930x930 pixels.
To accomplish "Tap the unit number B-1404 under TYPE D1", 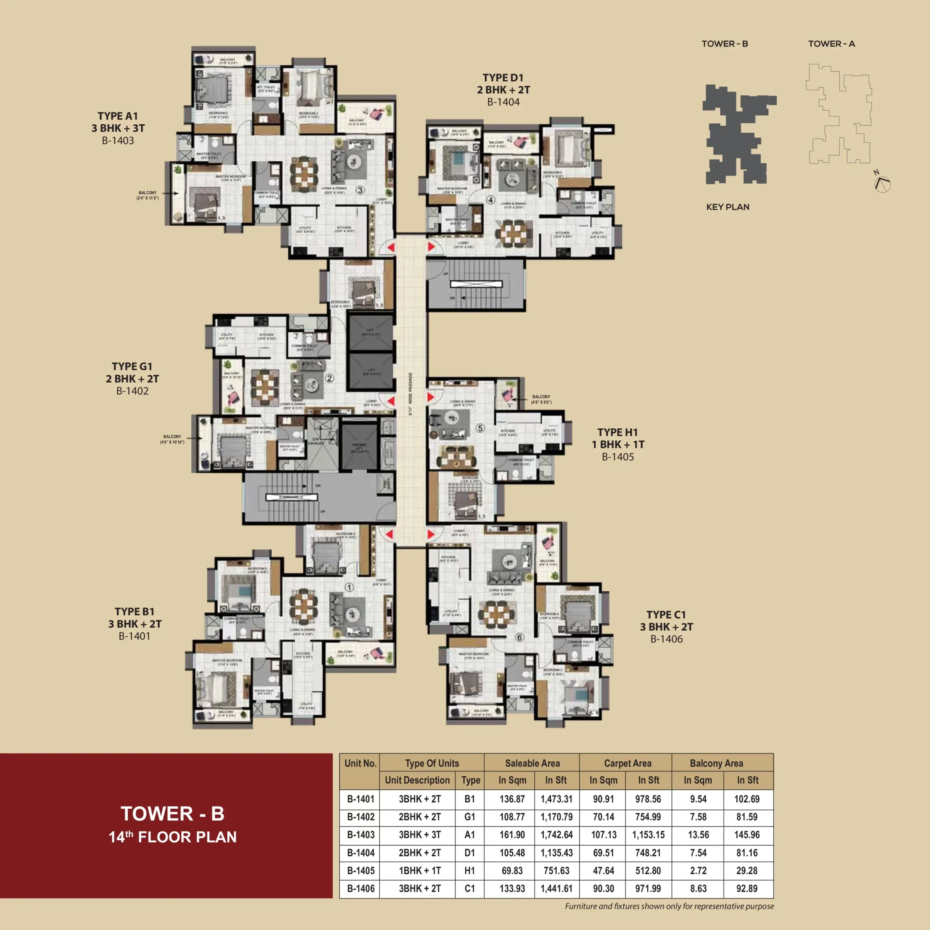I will [x=503, y=102].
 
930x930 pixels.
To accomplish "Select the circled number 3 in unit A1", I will [x=360, y=190].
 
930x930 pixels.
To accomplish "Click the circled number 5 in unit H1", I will [x=480, y=428].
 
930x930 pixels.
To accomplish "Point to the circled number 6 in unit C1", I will [x=519, y=637].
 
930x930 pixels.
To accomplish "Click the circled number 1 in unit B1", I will [x=349, y=587].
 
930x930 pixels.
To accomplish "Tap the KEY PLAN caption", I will [x=727, y=207].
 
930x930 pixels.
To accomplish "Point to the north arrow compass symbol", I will [x=883, y=183].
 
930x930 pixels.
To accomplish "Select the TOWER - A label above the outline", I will [x=831, y=44].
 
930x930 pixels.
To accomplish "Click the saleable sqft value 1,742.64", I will [x=557, y=835].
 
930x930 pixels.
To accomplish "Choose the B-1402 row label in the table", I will [x=360, y=817].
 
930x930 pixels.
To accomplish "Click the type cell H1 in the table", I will [x=469, y=870].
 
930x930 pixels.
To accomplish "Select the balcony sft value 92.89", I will [x=747, y=888].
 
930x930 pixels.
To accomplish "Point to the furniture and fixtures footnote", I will [x=669, y=906].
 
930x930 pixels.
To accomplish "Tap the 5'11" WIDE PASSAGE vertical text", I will [x=411, y=394].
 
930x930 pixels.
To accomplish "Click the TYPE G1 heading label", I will [x=132, y=366].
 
